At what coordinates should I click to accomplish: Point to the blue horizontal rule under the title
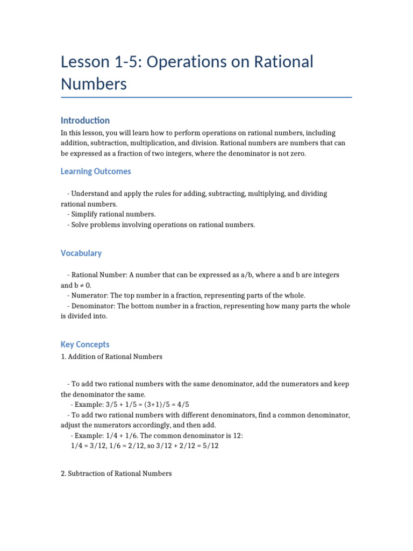point(206,97)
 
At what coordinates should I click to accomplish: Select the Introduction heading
point(85,121)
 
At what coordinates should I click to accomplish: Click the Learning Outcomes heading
point(96,172)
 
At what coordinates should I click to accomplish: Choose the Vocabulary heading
point(81,253)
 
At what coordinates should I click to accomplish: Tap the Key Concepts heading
point(85,344)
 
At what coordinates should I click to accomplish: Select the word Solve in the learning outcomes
point(81,225)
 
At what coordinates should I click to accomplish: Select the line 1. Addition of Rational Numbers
point(112,356)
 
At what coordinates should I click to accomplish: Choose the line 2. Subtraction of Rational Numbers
point(117,474)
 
